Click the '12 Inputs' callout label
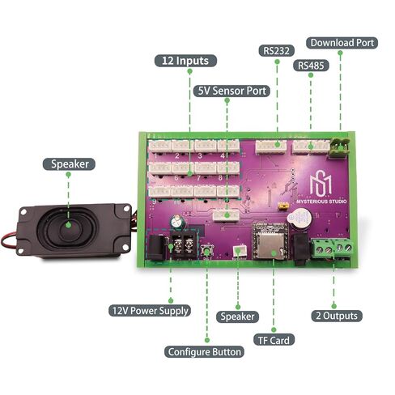[185, 61]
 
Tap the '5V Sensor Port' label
[231, 91]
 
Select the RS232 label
[276, 51]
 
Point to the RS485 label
[311, 66]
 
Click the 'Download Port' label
[342, 43]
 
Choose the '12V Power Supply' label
[150, 311]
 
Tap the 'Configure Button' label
[204, 352]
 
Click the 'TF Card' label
[274, 340]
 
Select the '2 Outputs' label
[337, 316]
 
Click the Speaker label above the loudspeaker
[69, 164]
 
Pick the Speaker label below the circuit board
[237, 316]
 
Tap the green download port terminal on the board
[339, 147]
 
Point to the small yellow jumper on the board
[283, 206]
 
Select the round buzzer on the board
[299, 219]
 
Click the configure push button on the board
[207, 251]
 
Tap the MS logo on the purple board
[321, 185]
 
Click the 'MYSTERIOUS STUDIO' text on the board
[321, 202]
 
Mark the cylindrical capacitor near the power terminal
[176, 222]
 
